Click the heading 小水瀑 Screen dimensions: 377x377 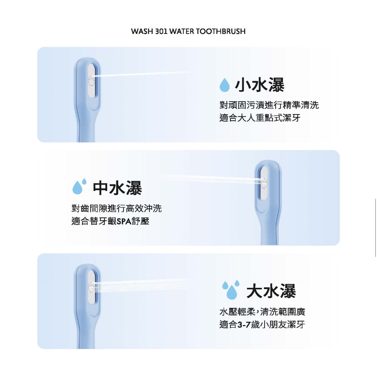tap(260, 85)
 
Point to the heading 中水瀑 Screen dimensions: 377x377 tap(117, 188)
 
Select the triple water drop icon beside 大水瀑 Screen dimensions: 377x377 tap(231, 290)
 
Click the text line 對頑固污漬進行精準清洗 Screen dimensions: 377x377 tap(269, 105)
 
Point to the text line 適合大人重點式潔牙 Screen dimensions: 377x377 tap(260, 118)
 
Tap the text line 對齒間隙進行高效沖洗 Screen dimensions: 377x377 tap(117, 208)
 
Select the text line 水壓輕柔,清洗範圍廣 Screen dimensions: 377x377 tap(262, 312)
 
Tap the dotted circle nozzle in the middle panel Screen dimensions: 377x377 tap(264, 183)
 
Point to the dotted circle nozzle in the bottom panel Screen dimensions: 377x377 tap(91, 287)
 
